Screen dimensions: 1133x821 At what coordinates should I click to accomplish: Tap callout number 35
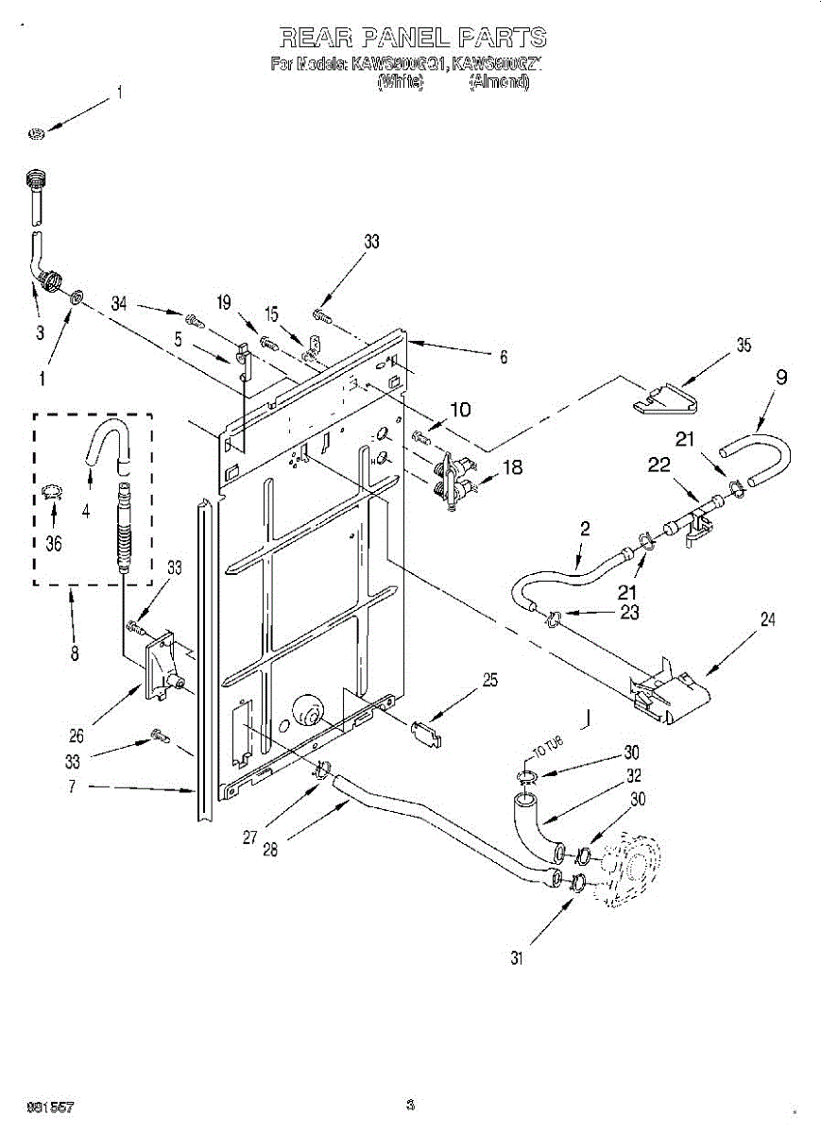(744, 346)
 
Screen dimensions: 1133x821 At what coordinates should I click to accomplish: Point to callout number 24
(767, 620)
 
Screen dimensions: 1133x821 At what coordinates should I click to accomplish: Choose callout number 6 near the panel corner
(504, 357)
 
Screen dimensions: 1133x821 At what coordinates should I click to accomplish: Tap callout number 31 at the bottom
(516, 957)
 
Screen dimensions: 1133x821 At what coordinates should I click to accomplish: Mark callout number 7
(73, 786)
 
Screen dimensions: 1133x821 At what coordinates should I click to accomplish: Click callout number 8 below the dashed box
(75, 651)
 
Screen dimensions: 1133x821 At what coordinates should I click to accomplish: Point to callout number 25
(489, 679)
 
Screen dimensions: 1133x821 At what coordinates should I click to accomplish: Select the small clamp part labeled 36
(52, 490)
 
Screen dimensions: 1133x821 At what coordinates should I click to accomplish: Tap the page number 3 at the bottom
(410, 1106)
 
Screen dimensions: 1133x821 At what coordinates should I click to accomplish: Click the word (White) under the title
(400, 82)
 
